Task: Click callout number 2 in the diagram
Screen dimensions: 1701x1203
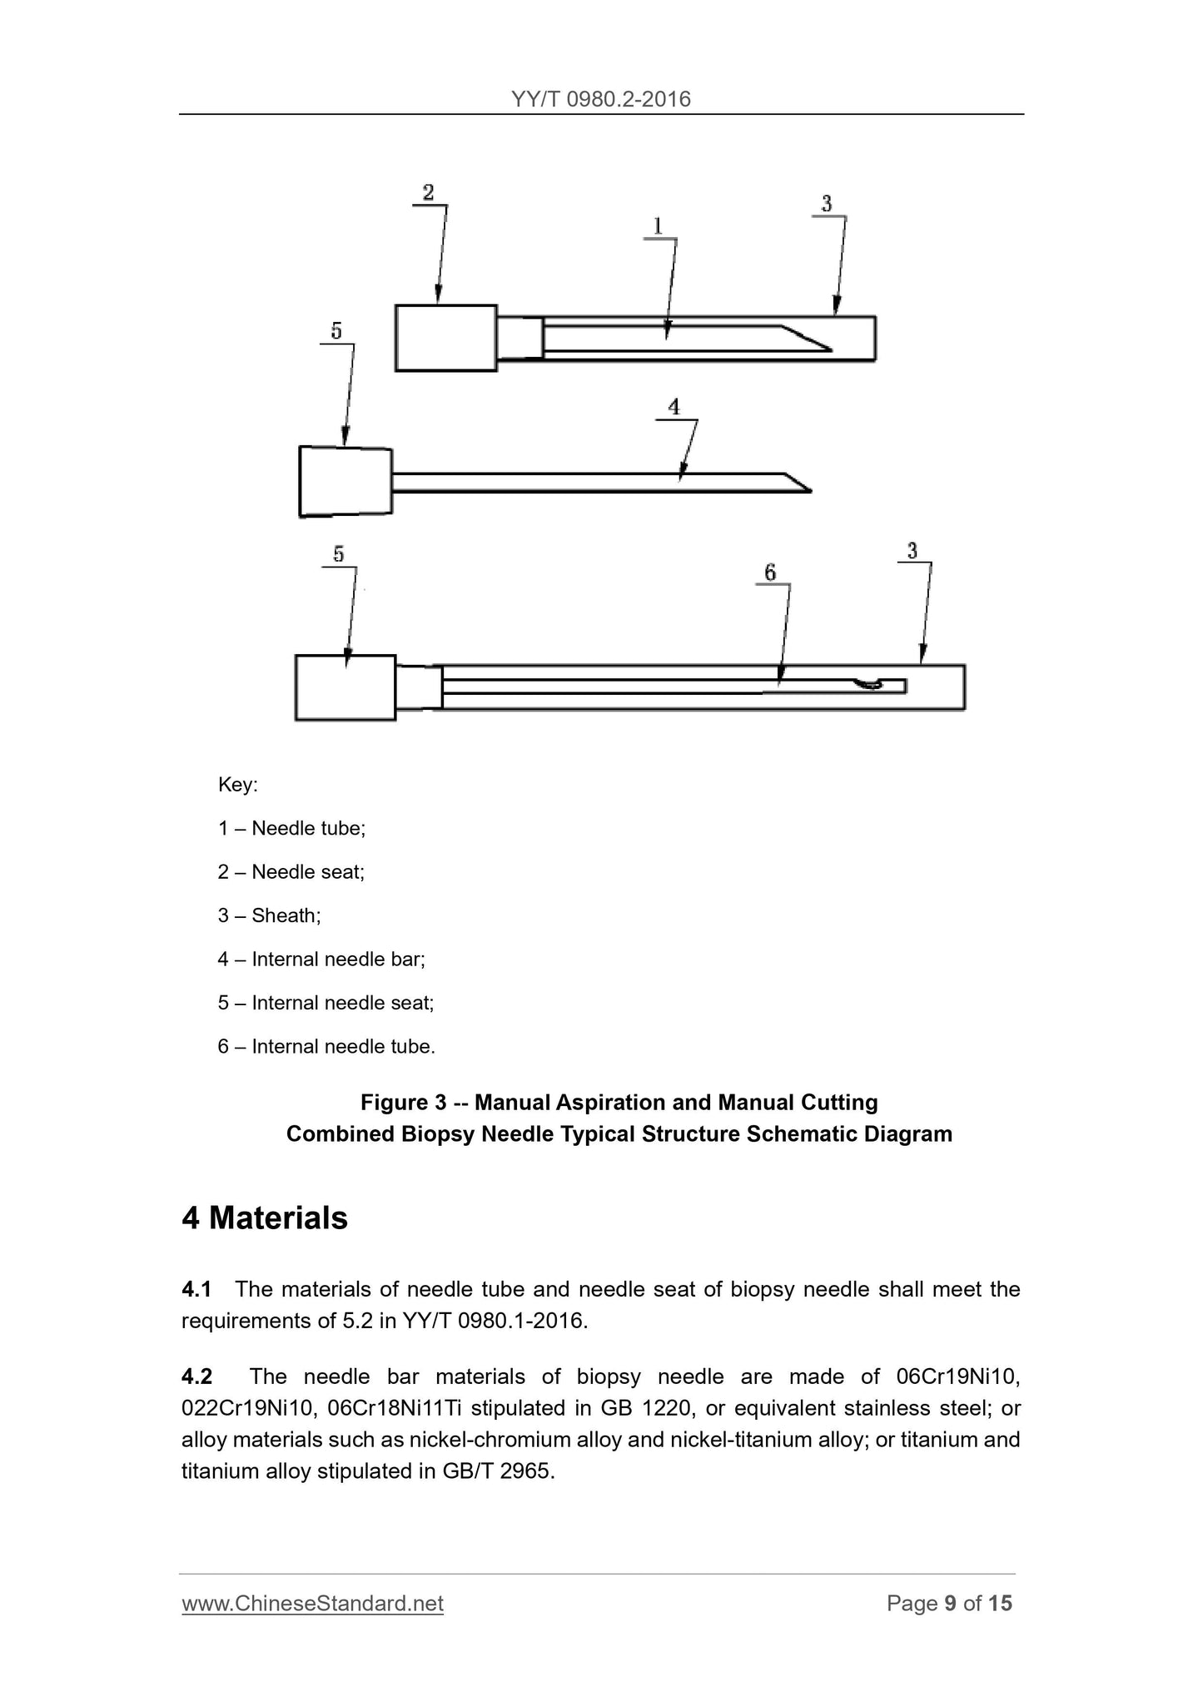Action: (428, 193)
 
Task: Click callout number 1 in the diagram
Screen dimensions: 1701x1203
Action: (658, 226)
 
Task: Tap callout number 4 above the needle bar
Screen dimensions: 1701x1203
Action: (674, 407)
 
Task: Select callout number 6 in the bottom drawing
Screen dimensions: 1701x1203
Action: (770, 572)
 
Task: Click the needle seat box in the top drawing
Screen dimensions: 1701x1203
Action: (445, 337)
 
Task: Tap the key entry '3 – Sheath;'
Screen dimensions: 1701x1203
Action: (269, 915)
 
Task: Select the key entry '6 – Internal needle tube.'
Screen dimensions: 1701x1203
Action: (326, 1046)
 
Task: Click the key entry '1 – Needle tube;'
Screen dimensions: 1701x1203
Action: (291, 828)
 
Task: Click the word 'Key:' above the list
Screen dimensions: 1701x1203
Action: (237, 785)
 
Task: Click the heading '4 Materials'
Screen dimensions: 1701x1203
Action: (264, 1217)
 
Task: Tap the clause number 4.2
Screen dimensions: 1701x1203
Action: (196, 1377)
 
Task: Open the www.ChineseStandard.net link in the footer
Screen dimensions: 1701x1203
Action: (312, 1603)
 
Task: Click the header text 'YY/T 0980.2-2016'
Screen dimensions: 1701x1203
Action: (601, 99)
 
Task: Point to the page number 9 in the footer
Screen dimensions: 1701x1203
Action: (950, 1603)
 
